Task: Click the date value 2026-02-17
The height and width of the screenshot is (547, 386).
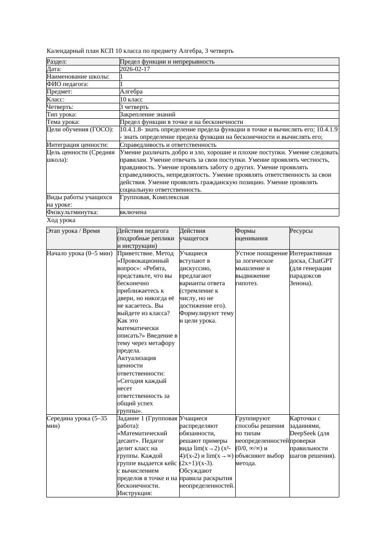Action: click(x=135, y=69)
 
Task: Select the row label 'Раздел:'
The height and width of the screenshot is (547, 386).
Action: click(x=57, y=62)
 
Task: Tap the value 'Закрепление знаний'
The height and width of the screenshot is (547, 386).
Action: click(x=147, y=115)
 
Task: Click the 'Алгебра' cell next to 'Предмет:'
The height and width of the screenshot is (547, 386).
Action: click(x=131, y=92)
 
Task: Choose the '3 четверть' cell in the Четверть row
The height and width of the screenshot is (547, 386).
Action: click(x=134, y=107)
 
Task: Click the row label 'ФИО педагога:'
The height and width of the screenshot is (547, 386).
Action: click(x=68, y=84)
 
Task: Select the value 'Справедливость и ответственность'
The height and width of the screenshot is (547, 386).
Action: click(x=168, y=145)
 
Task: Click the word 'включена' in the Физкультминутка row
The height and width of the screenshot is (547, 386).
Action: click(x=133, y=212)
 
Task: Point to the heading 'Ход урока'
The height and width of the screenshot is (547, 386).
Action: click(x=61, y=220)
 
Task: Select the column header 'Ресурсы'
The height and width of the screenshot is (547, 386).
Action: click(x=301, y=231)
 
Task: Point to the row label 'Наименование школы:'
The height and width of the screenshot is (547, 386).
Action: click(x=78, y=77)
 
